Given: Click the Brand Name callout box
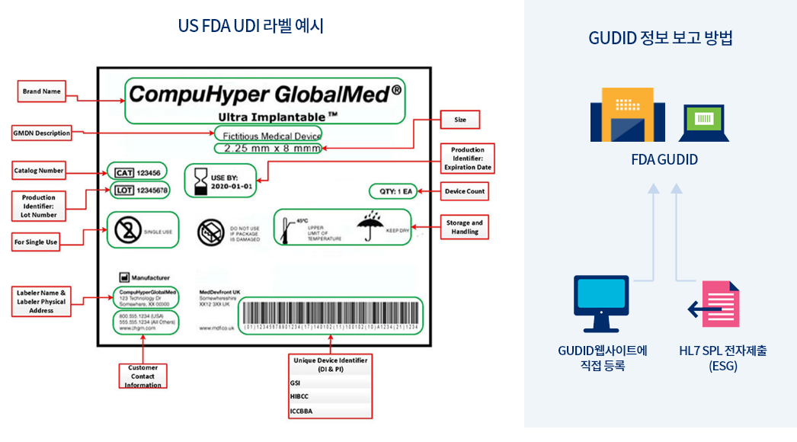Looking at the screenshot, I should pyautogui.click(x=42, y=91).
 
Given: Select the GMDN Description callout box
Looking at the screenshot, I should pyautogui.click(x=41, y=133).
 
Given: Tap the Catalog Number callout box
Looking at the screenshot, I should pyautogui.click(x=39, y=171).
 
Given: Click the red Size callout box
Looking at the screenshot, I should pyautogui.click(x=460, y=120).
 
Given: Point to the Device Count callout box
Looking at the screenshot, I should pyautogui.click(x=465, y=191).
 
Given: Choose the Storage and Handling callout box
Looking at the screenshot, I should pyautogui.click(x=464, y=227).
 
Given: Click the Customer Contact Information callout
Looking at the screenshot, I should pyautogui.click(x=143, y=376).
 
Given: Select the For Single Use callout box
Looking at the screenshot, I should pyautogui.click(x=36, y=242).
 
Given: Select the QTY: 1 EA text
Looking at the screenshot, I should pyautogui.click(x=393, y=191).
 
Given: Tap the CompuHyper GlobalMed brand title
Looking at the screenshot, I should pyautogui.click(x=264, y=94).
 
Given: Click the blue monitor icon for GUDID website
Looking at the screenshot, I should pyautogui.click(x=600, y=302).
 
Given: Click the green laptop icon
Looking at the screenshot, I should pyautogui.click(x=704, y=122).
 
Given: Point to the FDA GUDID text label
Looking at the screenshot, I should pyautogui.click(x=664, y=160).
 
